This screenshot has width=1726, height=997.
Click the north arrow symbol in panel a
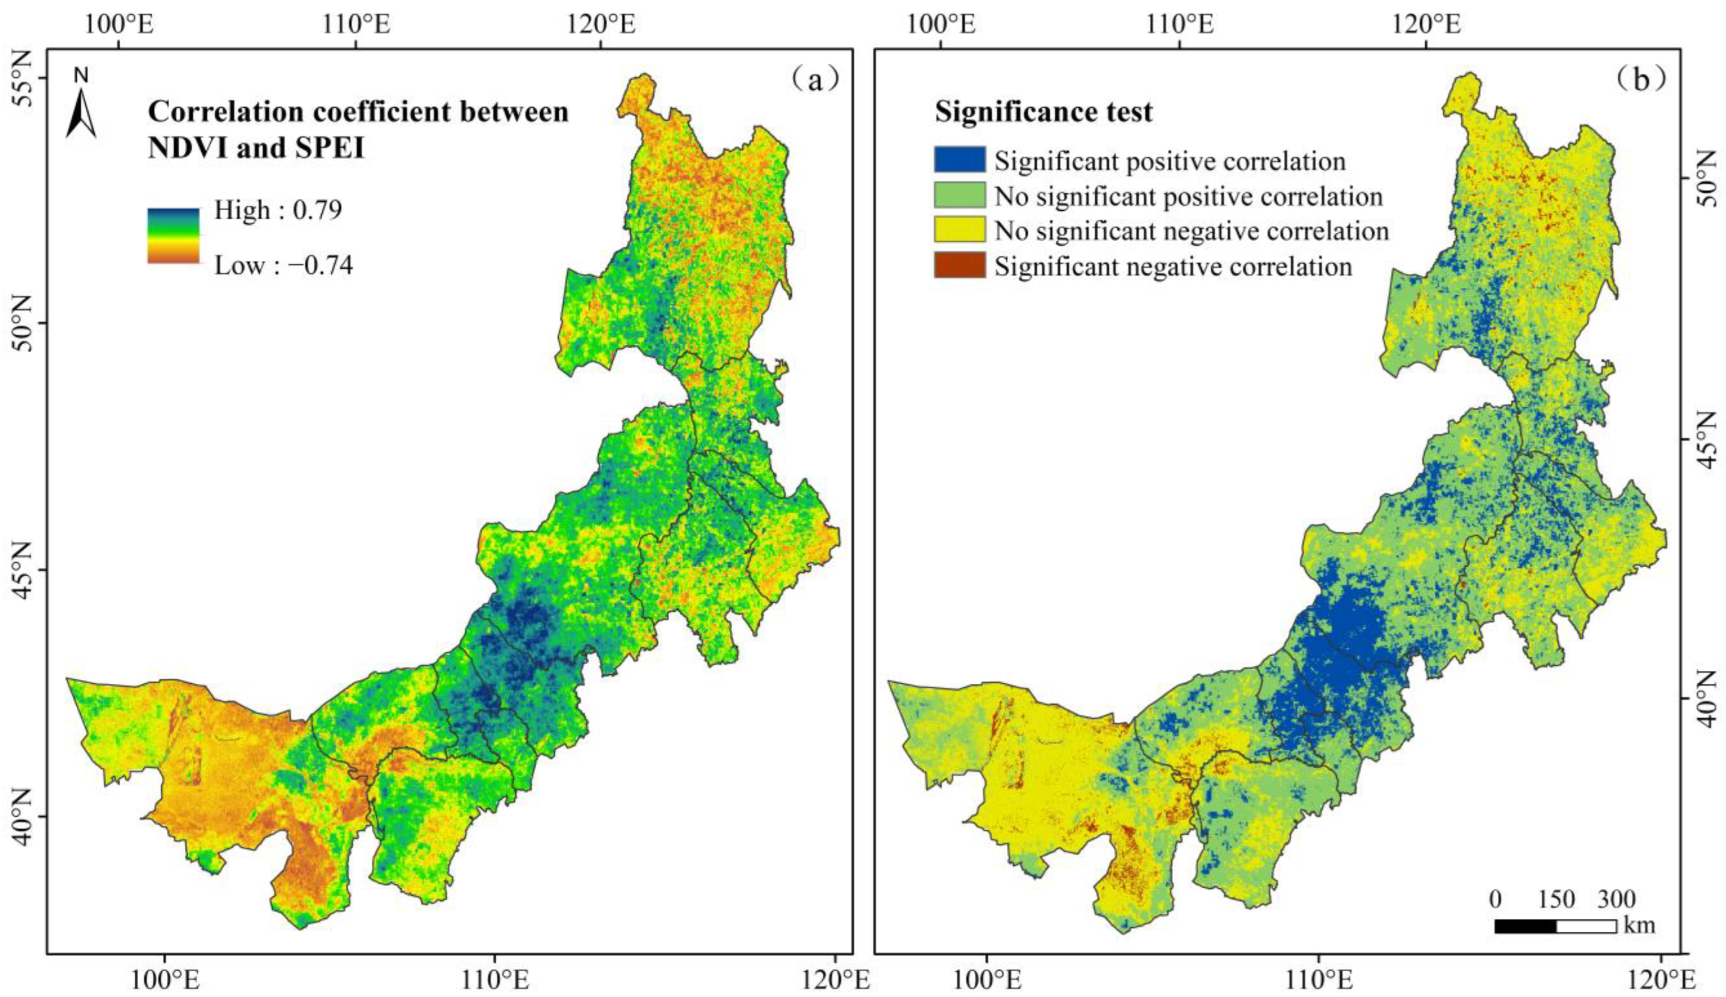[82, 110]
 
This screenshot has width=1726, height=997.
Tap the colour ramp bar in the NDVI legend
[173, 236]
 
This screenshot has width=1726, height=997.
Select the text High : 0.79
[278, 210]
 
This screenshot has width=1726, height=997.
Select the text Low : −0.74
[283, 265]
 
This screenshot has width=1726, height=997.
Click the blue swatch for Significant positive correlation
[960, 160]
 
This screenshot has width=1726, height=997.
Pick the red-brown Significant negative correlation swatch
[960, 265]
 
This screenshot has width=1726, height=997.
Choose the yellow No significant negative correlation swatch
[960, 230]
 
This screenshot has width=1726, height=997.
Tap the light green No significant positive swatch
[960, 195]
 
